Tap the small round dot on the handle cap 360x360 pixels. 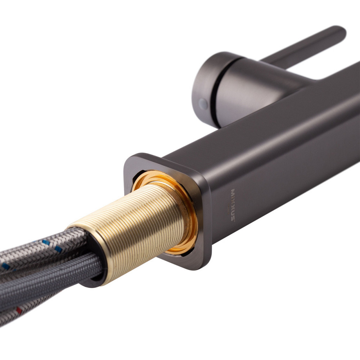204,104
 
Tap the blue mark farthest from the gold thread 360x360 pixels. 5,267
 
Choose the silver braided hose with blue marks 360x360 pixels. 36,252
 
